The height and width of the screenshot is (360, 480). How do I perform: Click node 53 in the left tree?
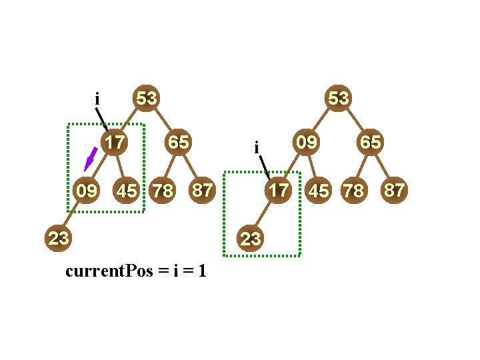[147, 99]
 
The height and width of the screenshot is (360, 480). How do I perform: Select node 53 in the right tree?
[338, 99]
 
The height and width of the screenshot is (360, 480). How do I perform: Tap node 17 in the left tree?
[115, 142]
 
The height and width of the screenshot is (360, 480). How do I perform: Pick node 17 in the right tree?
[278, 191]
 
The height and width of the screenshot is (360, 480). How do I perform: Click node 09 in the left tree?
[86, 191]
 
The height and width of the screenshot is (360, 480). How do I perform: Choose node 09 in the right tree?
[306, 142]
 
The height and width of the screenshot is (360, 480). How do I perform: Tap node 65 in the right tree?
[370, 142]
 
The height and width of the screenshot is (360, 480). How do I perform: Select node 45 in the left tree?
[127, 191]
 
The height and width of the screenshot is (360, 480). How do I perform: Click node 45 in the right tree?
[319, 191]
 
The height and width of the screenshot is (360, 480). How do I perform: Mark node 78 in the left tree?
[163, 191]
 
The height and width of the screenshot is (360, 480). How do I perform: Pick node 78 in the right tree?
[353, 191]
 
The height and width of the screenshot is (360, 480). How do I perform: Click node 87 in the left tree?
[202, 191]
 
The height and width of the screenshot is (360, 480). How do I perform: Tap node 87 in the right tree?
[393, 191]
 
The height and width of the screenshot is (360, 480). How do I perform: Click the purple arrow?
[90, 160]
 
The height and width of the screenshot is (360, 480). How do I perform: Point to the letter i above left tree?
[97, 99]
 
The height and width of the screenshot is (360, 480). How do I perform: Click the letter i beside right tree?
[257, 147]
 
